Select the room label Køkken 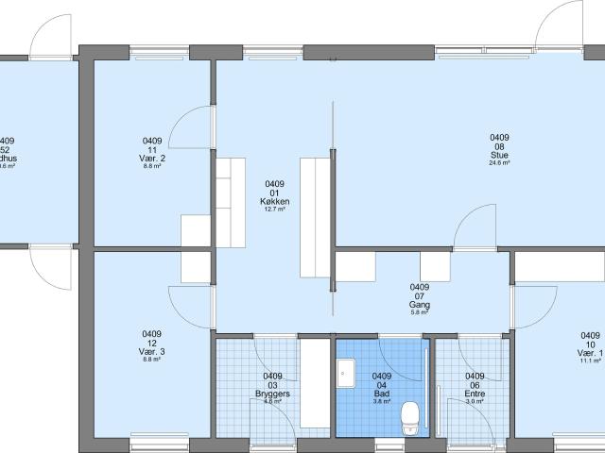click(x=274, y=202)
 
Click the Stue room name click(x=499, y=154)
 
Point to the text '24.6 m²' click(x=499, y=163)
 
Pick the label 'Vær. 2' click(x=152, y=158)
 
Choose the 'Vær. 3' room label click(x=151, y=352)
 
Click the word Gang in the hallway click(x=420, y=305)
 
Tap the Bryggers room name click(x=273, y=393)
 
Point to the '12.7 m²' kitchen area click(x=274, y=210)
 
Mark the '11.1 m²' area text click(x=589, y=361)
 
